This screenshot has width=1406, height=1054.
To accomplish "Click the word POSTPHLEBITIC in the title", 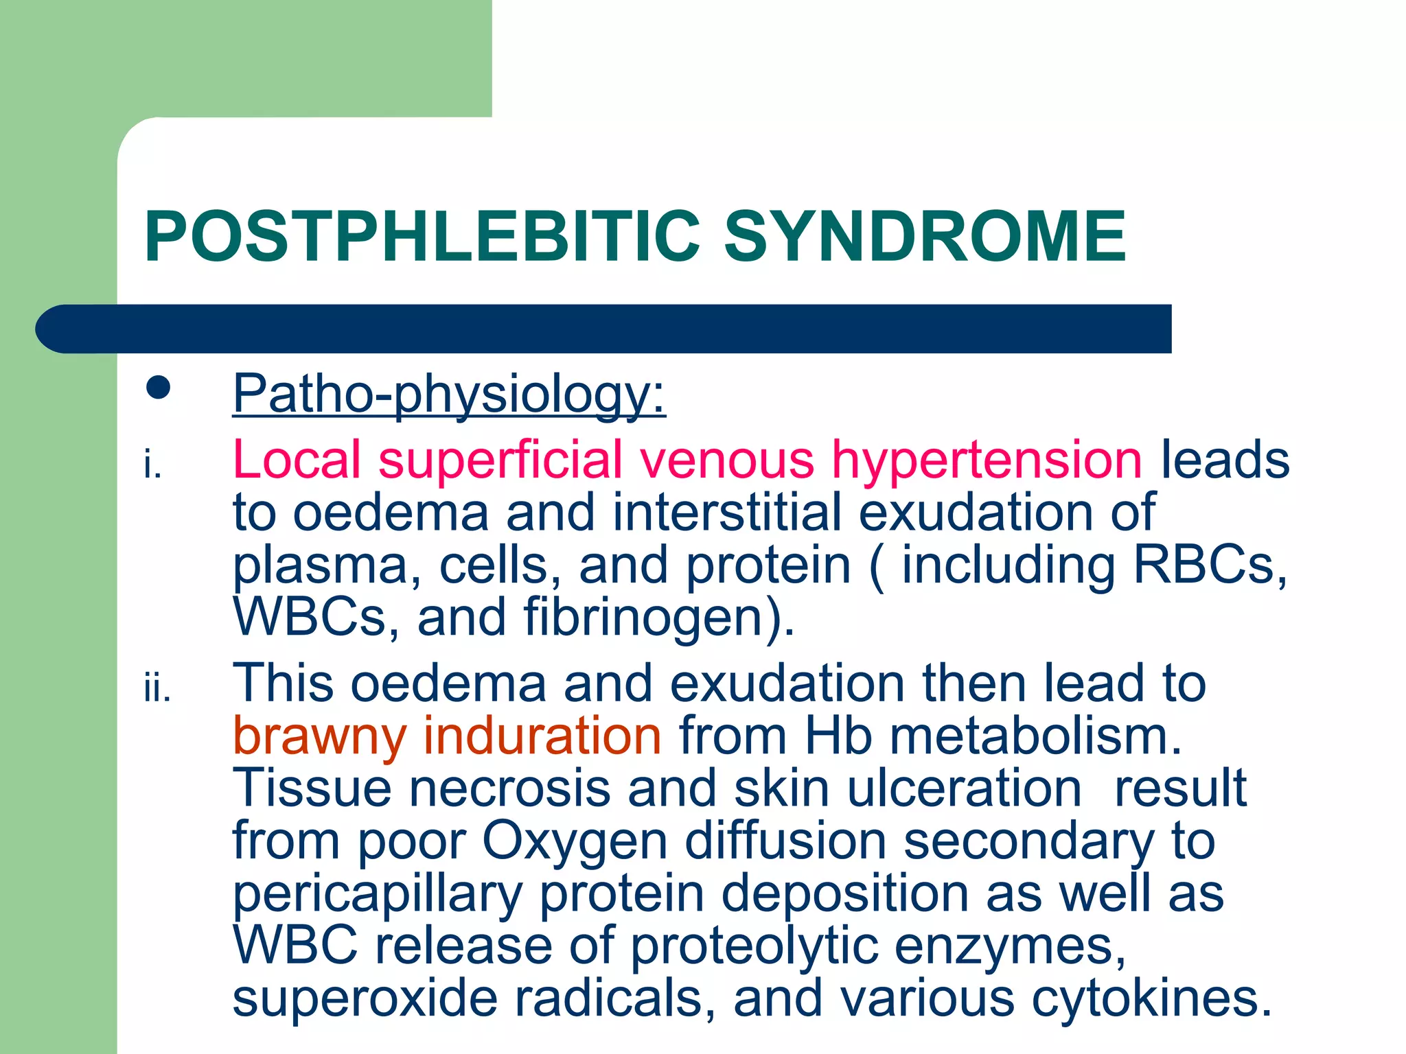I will click(422, 237).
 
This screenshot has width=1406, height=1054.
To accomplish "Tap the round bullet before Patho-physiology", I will click(158, 388).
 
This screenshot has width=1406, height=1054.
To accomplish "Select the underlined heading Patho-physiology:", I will click(449, 394).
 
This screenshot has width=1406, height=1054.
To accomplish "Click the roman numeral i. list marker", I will click(152, 466).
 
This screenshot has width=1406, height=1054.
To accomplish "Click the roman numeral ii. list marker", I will click(157, 689).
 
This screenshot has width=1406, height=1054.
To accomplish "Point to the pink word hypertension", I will click(987, 460).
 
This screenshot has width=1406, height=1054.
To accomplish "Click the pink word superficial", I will click(500, 460).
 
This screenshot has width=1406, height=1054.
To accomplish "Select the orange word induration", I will click(542, 736).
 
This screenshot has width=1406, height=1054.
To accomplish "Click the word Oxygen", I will click(575, 842).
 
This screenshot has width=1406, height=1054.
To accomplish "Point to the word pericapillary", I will click(378, 895).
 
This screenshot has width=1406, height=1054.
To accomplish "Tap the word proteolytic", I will click(754, 947).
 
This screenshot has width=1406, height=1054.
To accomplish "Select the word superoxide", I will click(365, 998).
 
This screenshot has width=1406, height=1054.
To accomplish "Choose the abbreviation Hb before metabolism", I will click(838, 736).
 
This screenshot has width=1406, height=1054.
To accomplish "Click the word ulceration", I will click(964, 788).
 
